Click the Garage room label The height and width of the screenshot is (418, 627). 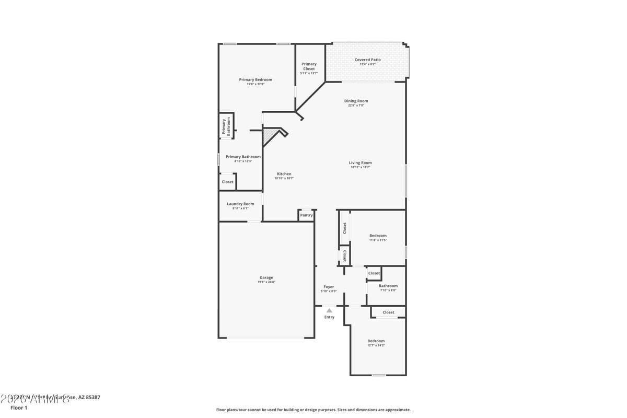266,277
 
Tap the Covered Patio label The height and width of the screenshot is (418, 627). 367,60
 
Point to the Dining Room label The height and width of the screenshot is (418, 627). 356,101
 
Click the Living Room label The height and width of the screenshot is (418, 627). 360,162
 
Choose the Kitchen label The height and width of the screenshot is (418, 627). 284,173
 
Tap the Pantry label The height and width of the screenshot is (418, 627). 306,215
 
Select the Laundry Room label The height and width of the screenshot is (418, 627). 240,204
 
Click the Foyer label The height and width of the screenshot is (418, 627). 329,287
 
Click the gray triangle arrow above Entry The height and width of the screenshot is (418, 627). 329,310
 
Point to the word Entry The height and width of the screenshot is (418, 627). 329,317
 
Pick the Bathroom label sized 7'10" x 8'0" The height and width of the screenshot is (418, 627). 388,286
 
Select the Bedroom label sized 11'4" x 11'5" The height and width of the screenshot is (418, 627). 378,236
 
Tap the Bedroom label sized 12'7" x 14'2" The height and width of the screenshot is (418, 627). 376,341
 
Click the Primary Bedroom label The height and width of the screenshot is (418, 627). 256,79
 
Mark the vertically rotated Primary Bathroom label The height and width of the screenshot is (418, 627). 226,126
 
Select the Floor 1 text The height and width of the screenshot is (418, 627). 19,408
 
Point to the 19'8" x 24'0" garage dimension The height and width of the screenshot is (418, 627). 266,282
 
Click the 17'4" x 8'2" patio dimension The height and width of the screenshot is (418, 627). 367,64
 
